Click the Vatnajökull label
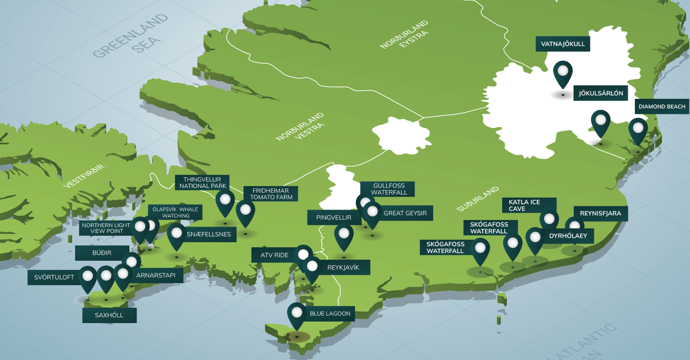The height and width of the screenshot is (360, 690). pos(563,44)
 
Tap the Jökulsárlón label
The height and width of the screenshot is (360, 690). pos(601,93)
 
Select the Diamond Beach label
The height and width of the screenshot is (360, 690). pos(662,106)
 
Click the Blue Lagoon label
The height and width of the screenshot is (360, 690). pos(330,314)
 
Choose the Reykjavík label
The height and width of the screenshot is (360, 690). pos(343,267)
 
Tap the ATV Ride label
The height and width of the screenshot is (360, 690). pos(275,255)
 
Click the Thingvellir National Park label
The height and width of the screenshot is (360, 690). pos(202,183)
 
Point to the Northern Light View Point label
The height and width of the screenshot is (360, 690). pos(105,228)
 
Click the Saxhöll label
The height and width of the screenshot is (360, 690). pos(109,315)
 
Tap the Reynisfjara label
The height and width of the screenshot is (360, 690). pos(600,214)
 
